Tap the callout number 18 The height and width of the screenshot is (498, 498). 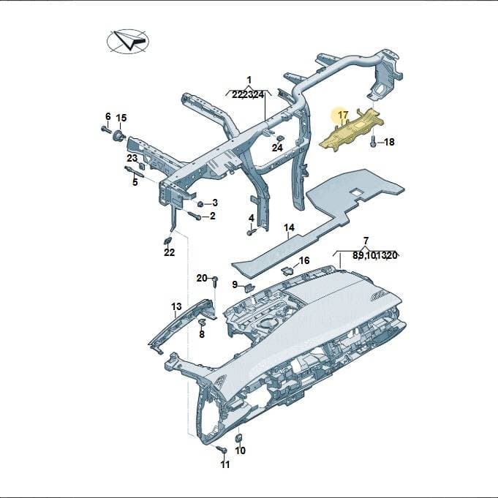[x=389, y=142]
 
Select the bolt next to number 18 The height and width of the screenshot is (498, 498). [x=374, y=141]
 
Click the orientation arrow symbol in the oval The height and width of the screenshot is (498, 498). [x=128, y=41]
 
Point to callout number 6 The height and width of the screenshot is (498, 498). [x=108, y=116]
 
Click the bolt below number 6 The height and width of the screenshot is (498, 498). [x=106, y=129]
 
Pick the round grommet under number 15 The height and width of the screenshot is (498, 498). [x=119, y=135]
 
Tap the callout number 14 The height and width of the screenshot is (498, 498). [x=289, y=227]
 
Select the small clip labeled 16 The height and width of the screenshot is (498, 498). [x=287, y=271]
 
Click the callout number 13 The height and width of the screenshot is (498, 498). [x=176, y=306]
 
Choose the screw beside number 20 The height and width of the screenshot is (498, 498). [x=215, y=282]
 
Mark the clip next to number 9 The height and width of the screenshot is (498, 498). [x=249, y=287]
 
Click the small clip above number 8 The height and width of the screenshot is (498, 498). [x=202, y=322]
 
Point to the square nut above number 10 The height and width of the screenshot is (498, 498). [x=238, y=437]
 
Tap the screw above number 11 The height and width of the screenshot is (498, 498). [x=222, y=449]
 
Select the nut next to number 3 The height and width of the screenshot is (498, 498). [x=200, y=203]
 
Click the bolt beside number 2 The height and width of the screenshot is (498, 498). [x=195, y=216]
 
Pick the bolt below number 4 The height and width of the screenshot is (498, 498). [x=251, y=233]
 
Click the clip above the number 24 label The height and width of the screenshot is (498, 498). [x=280, y=138]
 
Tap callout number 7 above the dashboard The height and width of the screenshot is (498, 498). [x=366, y=241]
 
